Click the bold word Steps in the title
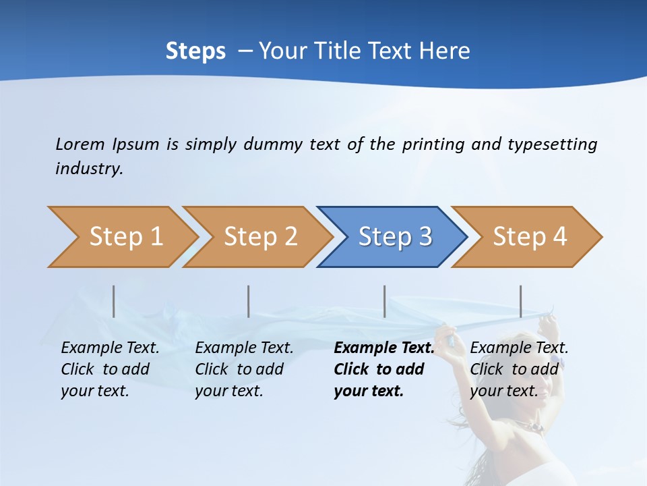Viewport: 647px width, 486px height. pyautogui.click(x=195, y=51)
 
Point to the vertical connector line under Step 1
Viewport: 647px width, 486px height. pyautogui.click(x=114, y=301)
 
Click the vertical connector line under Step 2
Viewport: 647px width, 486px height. pyautogui.click(x=249, y=301)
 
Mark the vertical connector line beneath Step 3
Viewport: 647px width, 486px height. pyautogui.click(x=385, y=301)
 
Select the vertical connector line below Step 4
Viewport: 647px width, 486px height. pyautogui.click(x=521, y=301)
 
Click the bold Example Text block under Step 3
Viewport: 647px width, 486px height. pyautogui.click(x=383, y=369)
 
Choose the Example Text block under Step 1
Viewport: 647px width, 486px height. pyautogui.click(x=110, y=369)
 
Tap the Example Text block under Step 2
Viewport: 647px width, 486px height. pyautogui.click(x=244, y=369)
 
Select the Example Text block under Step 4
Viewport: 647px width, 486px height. pyautogui.click(x=518, y=369)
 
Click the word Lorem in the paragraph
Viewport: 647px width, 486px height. pyautogui.click(x=80, y=144)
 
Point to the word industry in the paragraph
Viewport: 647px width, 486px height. pyautogui.click(x=88, y=169)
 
